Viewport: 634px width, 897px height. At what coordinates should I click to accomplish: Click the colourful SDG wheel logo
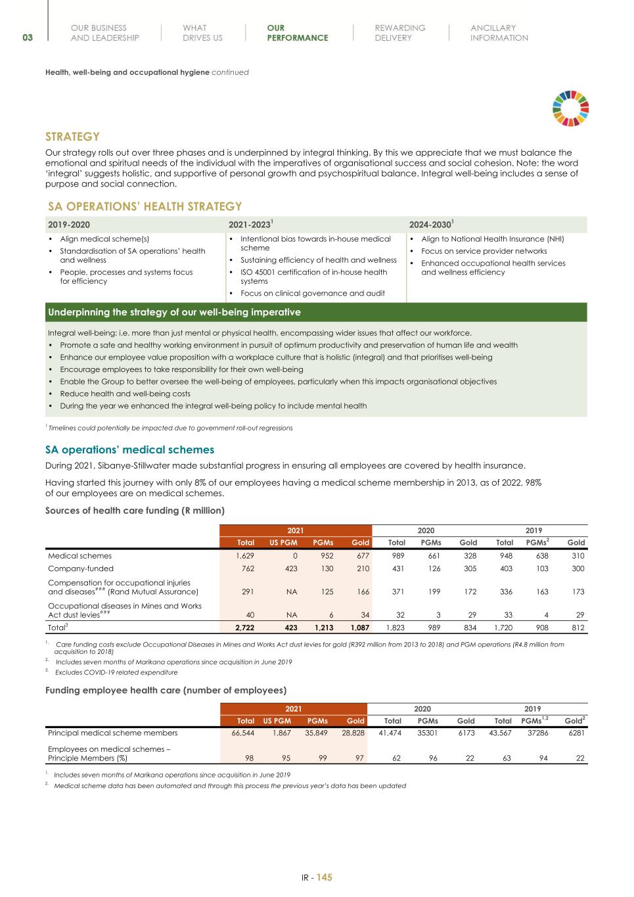click(x=570, y=108)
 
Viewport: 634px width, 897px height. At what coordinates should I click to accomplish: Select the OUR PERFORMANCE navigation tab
click(x=297, y=33)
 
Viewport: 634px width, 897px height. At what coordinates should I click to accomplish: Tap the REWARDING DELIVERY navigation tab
click(x=399, y=33)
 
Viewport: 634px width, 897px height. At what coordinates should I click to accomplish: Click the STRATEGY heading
click(x=72, y=137)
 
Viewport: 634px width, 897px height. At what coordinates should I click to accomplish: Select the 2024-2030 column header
click(x=431, y=225)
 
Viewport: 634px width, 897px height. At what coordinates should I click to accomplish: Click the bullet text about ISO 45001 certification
click(x=313, y=276)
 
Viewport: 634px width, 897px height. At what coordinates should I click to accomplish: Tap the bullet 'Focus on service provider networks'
click(x=484, y=251)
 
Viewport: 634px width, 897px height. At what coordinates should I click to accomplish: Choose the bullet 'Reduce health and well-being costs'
click(x=125, y=394)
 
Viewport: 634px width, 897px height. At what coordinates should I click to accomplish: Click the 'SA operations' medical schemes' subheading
click(x=129, y=449)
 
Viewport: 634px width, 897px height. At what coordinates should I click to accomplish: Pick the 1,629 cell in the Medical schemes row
click(x=245, y=555)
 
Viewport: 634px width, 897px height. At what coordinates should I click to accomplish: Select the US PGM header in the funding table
click(x=283, y=542)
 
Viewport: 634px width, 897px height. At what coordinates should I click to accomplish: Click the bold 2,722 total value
click(x=244, y=628)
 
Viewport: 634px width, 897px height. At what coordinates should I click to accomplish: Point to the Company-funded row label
click(x=80, y=568)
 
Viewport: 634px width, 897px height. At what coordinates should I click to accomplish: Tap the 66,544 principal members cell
click(x=242, y=733)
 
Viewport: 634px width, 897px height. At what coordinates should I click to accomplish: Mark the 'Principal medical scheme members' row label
click(x=112, y=733)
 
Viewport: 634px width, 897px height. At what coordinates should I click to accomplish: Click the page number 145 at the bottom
click(x=325, y=877)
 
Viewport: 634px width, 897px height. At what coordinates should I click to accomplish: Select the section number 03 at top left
click(x=28, y=37)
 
